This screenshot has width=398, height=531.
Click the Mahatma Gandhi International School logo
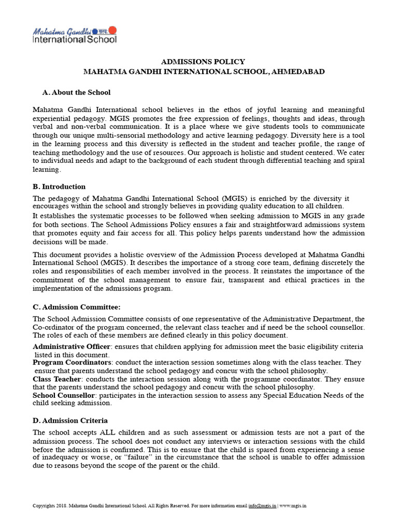pyautogui.click(x=75, y=35)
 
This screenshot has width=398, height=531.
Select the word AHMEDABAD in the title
pyautogui.click(x=299, y=72)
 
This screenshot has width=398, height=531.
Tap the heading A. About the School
pyautogui.click(x=76, y=92)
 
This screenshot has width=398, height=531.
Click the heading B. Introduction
pyautogui.click(x=59, y=187)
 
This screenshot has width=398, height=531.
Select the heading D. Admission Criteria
pyautogui.click(x=70, y=421)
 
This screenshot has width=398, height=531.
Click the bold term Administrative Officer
pyautogui.click(x=72, y=346)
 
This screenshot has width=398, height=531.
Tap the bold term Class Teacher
pyautogui.click(x=57, y=379)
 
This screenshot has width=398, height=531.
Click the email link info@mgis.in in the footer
pyautogui.click(x=262, y=505)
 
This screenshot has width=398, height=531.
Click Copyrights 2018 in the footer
pyautogui.click(x=49, y=505)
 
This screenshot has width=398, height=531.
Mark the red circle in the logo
pyautogui.click(x=113, y=30)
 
